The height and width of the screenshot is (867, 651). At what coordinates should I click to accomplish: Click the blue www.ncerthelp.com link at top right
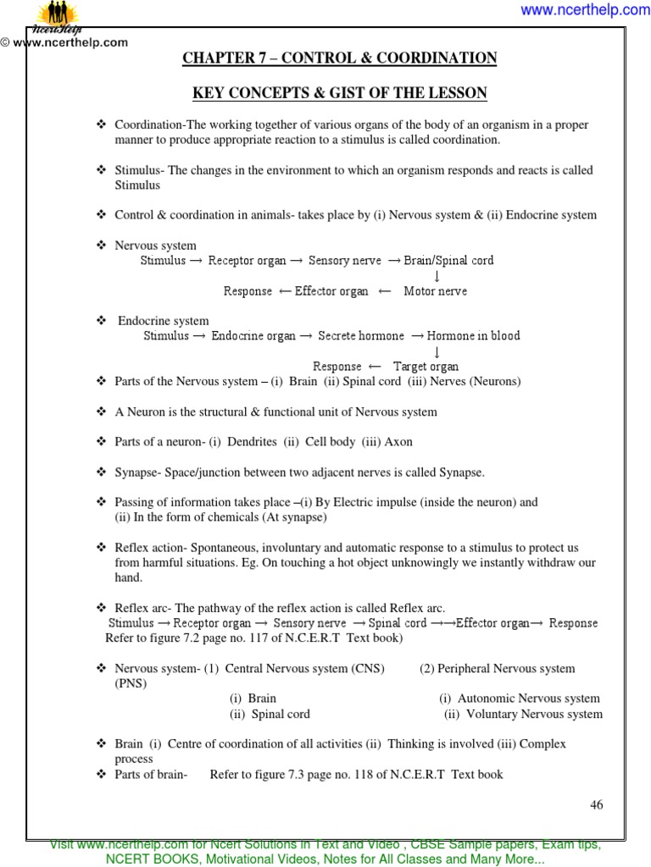[x=585, y=10]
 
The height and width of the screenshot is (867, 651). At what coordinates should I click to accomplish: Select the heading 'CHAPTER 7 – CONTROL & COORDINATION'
[x=340, y=58]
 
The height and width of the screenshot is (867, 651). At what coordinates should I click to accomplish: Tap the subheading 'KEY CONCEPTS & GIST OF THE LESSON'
[x=340, y=92]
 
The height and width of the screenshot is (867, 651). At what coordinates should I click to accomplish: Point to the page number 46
[x=596, y=805]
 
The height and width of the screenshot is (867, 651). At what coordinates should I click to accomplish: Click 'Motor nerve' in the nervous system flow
[x=435, y=291]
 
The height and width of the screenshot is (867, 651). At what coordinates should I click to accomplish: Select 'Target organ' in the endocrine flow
[x=426, y=367]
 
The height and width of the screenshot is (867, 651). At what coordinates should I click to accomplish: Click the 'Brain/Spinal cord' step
[x=448, y=261]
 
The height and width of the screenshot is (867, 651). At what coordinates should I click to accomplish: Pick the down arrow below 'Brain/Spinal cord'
[x=437, y=276]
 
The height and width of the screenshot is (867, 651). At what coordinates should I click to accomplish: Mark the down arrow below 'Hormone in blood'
[x=437, y=351]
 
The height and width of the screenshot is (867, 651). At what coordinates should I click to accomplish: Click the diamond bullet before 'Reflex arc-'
[x=101, y=608]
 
